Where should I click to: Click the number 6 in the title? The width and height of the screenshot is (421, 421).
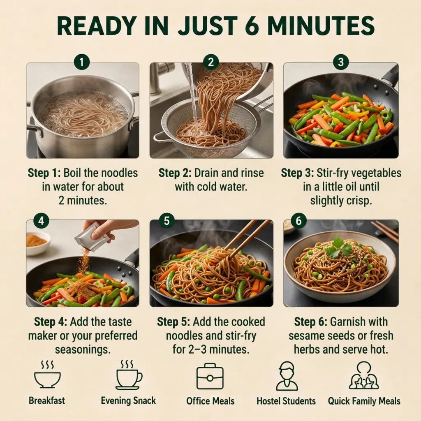click(252, 25)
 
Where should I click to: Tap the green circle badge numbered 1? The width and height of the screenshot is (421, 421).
click(82, 62)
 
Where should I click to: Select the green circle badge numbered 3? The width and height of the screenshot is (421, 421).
click(341, 62)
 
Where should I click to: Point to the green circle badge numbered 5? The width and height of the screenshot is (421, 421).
click(167, 221)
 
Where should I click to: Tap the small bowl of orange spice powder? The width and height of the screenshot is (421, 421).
click(38, 243)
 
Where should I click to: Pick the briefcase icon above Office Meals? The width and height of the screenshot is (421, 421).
click(210, 376)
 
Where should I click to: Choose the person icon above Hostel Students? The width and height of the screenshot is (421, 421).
click(287, 376)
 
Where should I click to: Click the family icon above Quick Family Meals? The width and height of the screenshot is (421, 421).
click(364, 375)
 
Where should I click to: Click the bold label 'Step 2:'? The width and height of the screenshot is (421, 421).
click(175, 173)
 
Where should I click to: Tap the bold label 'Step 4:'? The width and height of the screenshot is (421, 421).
click(51, 322)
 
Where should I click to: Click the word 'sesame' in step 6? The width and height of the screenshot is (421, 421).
click(305, 336)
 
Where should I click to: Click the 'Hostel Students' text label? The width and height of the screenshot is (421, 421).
click(286, 401)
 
